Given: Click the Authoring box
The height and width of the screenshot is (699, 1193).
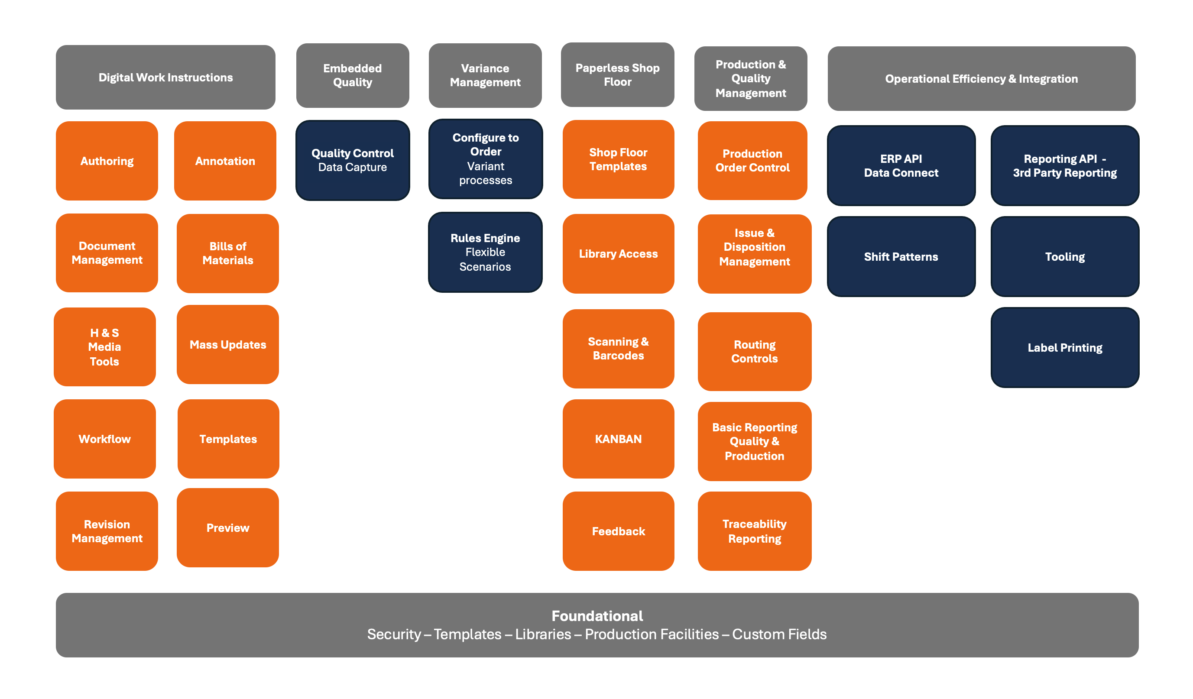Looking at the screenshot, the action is click(x=107, y=161).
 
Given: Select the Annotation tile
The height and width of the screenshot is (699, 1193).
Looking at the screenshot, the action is click(x=225, y=161).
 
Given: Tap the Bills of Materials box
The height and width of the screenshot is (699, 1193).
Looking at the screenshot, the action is click(x=228, y=253).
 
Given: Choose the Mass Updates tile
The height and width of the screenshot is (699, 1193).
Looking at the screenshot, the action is click(x=228, y=345).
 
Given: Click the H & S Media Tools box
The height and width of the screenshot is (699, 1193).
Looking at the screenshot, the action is click(x=105, y=347).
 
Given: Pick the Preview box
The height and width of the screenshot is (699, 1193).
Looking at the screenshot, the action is click(x=228, y=527).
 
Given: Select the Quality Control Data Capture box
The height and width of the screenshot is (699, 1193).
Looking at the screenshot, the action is click(x=353, y=160).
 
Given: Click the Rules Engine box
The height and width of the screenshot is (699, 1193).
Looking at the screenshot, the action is click(x=485, y=252).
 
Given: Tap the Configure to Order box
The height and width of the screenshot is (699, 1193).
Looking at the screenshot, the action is click(x=486, y=159).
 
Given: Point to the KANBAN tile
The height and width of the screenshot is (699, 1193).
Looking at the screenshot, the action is click(x=618, y=439).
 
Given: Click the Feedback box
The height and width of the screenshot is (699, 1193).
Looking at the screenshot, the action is click(x=618, y=531).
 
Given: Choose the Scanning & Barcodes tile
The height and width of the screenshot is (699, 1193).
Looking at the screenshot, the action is click(x=618, y=349).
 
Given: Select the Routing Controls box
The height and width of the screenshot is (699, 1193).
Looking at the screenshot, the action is click(x=755, y=352).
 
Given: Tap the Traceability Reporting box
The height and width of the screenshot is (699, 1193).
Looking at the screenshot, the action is click(x=755, y=531).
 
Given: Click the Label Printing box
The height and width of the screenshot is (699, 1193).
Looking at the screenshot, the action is click(x=1065, y=347).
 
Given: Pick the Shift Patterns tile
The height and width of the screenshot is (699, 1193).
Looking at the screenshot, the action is click(x=901, y=256).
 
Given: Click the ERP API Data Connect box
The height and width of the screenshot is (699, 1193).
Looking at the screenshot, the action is click(x=901, y=165).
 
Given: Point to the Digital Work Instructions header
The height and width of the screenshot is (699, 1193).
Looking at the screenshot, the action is click(x=165, y=77).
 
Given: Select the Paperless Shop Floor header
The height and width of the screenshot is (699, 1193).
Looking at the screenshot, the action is click(x=618, y=75).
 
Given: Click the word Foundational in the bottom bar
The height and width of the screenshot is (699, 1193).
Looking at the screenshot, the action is click(x=597, y=616).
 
